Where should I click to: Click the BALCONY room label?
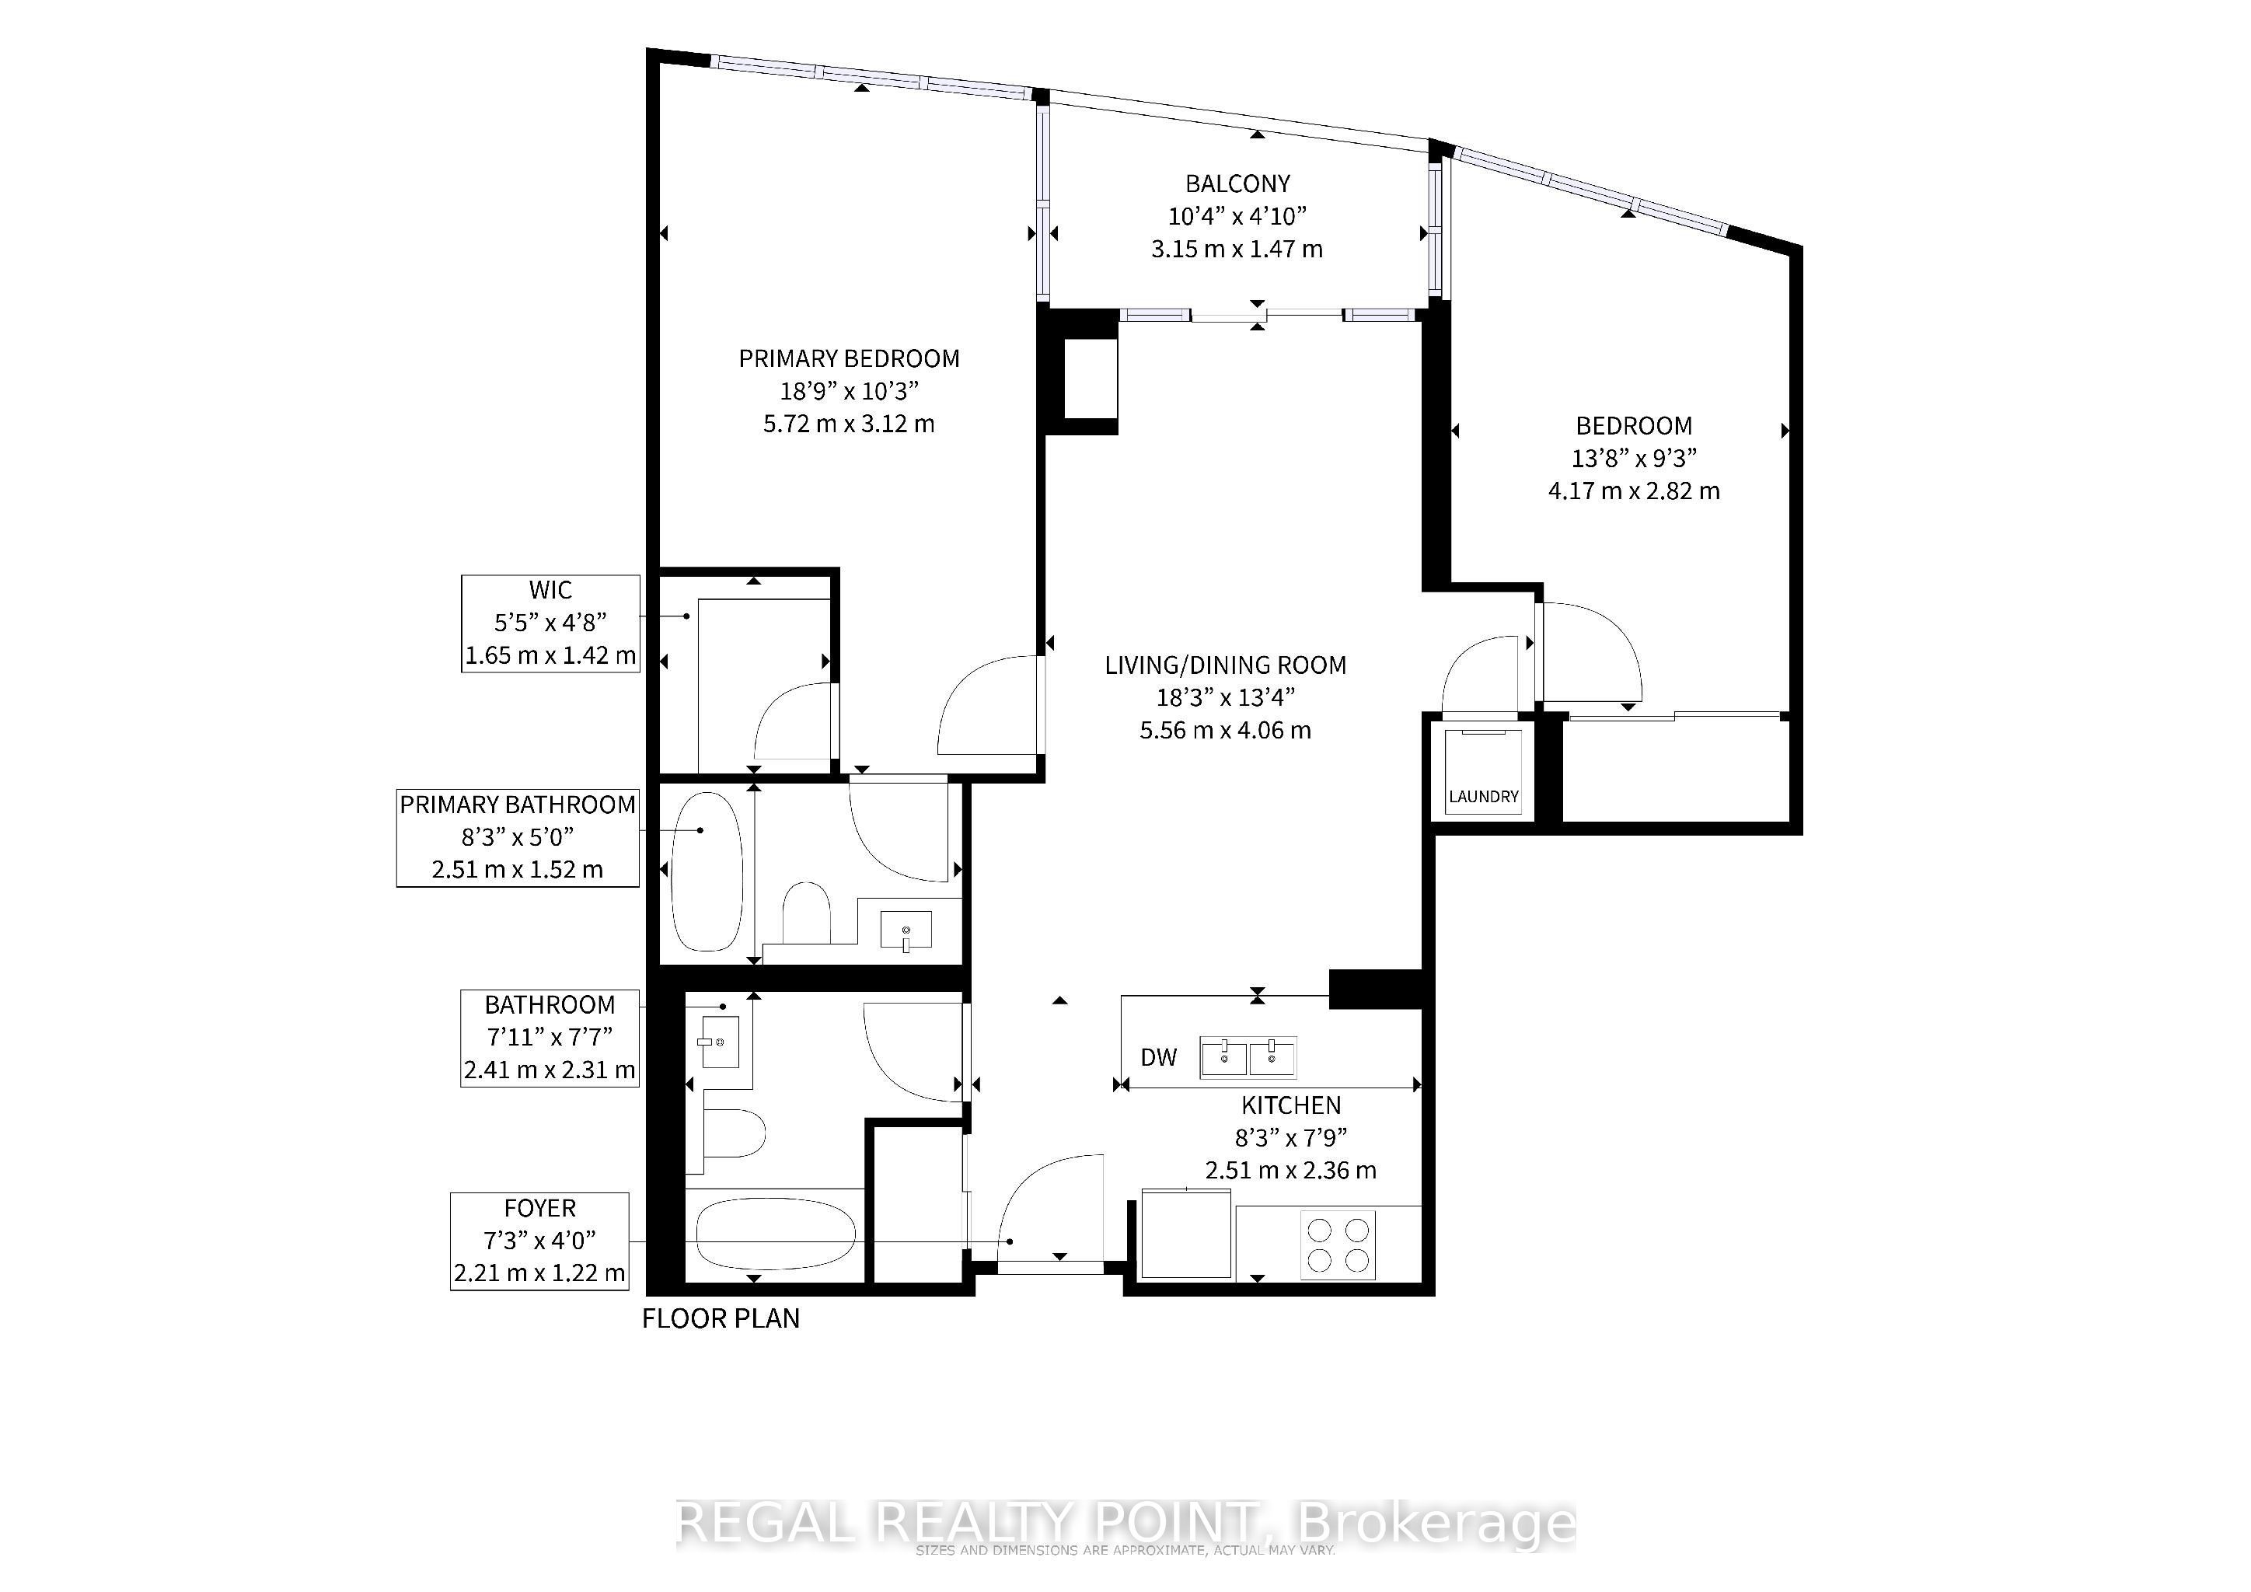(1237, 183)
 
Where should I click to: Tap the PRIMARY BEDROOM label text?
(849, 359)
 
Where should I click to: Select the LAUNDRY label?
(1483, 797)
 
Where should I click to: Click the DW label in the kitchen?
(1159, 1058)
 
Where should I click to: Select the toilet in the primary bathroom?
(806, 913)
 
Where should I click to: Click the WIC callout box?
(551, 623)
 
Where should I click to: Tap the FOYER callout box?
(539, 1241)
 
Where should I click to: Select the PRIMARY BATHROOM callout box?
(518, 838)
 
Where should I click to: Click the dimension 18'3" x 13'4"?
(1226, 698)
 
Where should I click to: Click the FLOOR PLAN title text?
(721, 1318)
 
